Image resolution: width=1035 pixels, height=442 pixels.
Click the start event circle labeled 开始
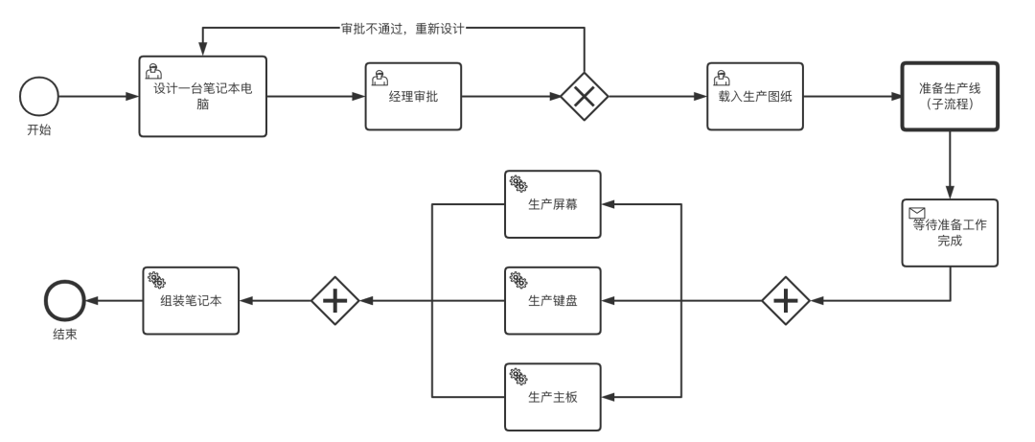38,97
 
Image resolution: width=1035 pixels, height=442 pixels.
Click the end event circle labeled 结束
64,301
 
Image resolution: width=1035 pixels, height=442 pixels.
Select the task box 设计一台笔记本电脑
202,96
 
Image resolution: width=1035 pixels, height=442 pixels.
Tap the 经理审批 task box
413,97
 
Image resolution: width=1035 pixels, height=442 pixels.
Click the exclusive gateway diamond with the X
584,97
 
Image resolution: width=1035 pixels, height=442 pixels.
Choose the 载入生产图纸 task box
754,97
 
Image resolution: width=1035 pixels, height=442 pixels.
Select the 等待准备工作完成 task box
949,233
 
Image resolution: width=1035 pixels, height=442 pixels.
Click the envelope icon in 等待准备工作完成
916,213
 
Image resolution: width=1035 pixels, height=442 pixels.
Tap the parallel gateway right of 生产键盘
786,301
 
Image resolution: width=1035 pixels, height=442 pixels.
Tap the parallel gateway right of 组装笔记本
334,301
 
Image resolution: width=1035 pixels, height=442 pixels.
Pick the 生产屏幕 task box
552,204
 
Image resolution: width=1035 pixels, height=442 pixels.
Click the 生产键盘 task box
552,301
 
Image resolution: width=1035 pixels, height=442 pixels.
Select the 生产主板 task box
552,397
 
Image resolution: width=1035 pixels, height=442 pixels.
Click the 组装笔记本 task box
191,301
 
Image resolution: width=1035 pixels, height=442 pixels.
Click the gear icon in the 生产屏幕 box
517,183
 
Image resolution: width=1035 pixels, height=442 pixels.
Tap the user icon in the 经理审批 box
379,77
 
